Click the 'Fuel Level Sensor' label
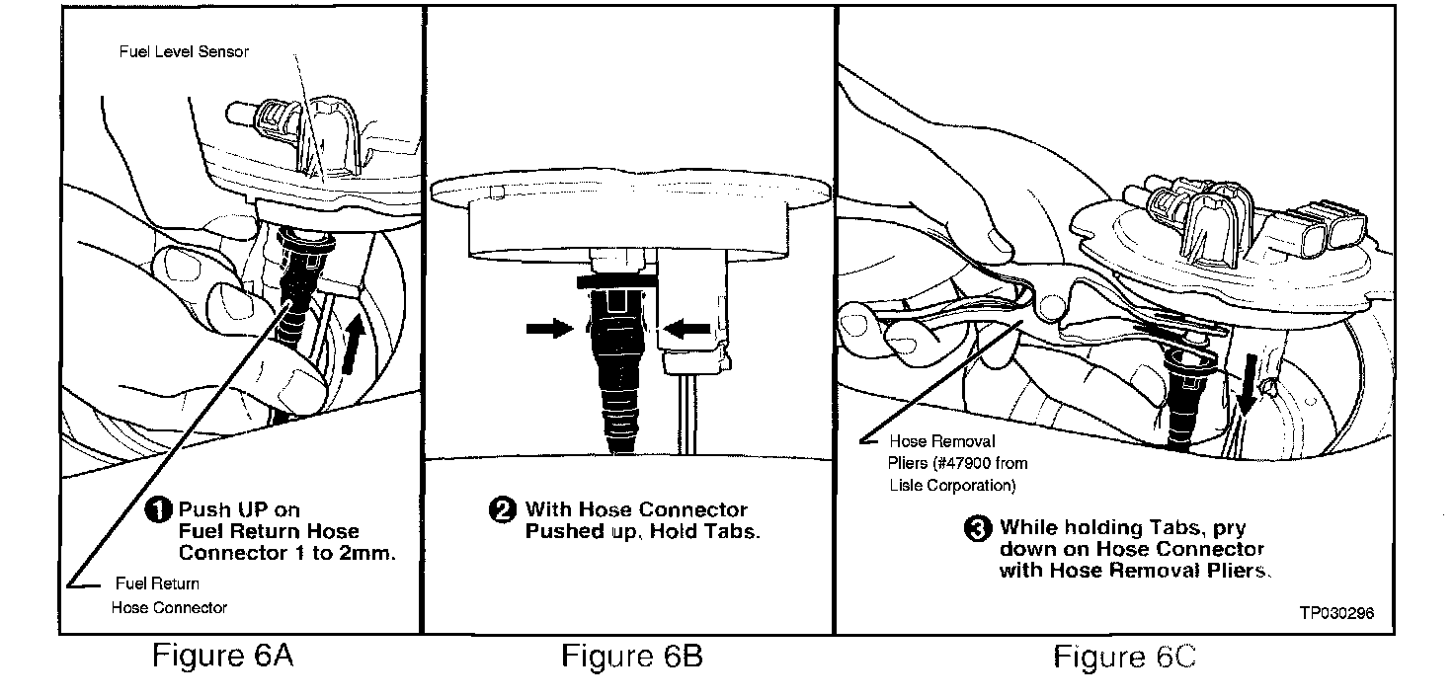183,51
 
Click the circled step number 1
161,510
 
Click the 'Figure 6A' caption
223,656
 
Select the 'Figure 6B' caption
632,656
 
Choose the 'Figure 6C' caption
1124,657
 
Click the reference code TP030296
1336,612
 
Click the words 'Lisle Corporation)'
950,485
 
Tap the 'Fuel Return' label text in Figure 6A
157,583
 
